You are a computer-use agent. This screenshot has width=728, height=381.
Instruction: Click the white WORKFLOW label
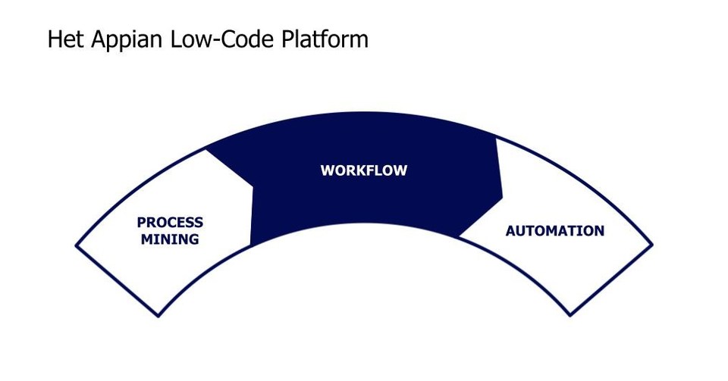click(x=363, y=170)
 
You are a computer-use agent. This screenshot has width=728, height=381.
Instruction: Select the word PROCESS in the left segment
click(x=170, y=223)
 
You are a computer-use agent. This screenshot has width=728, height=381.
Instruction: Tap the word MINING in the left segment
click(x=170, y=239)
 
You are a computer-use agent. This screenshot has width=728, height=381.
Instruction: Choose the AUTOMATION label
click(x=554, y=231)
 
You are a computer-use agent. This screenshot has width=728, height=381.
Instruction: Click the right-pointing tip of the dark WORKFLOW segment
click(x=503, y=198)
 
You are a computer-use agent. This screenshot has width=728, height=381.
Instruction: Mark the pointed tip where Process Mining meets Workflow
click(x=253, y=184)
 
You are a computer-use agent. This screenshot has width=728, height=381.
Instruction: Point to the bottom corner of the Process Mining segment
click(x=158, y=317)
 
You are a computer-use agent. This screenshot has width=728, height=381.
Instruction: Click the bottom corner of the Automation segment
click(x=570, y=316)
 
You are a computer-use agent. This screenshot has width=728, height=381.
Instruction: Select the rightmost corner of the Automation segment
click(x=653, y=244)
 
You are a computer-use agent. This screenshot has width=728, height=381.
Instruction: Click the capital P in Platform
click(x=287, y=39)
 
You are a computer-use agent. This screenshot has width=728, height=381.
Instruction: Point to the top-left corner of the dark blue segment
click(x=206, y=148)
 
